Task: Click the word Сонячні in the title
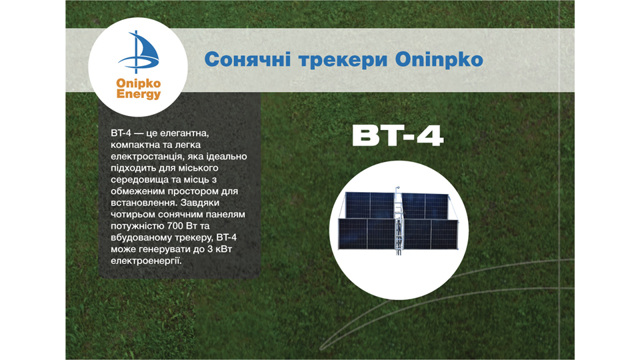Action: (x=247, y=60)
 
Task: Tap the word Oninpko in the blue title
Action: (x=439, y=60)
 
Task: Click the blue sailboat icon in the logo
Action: (x=139, y=52)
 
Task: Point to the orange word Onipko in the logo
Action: (x=139, y=84)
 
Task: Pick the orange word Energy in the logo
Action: (x=139, y=95)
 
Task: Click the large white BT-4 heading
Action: (x=397, y=136)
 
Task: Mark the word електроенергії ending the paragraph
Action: (x=146, y=261)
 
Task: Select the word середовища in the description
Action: (x=139, y=179)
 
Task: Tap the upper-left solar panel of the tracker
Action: (x=370, y=205)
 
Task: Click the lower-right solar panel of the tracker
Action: (x=429, y=234)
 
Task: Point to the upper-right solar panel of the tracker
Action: (x=425, y=206)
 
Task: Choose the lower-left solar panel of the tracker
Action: (x=367, y=234)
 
